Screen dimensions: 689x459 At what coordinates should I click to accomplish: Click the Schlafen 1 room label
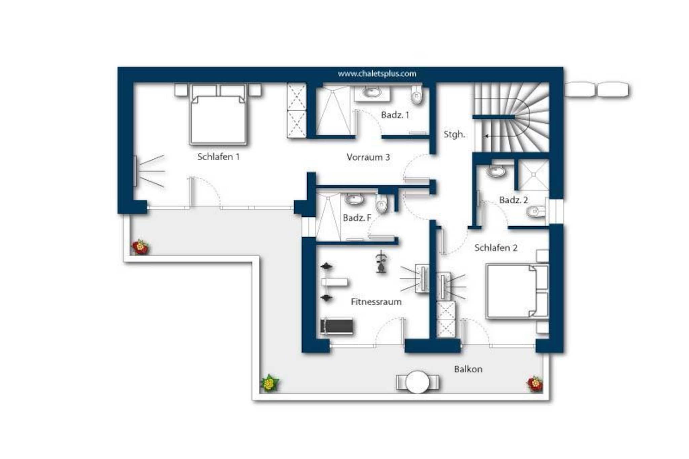(x=218, y=157)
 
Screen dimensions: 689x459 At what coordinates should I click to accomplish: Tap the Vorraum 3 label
(x=368, y=157)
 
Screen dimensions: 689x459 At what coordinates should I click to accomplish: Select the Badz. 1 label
(x=395, y=115)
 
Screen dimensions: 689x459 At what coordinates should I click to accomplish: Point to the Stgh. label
(x=454, y=135)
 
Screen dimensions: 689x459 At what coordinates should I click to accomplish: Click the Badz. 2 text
(x=513, y=200)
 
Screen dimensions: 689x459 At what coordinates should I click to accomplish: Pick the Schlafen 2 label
(x=496, y=248)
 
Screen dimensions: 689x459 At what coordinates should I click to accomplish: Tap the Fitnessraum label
(x=376, y=302)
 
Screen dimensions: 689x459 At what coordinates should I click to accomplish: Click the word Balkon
(x=468, y=369)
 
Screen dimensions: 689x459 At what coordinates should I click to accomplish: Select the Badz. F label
(x=357, y=218)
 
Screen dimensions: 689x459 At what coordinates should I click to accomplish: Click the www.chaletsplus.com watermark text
(x=377, y=74)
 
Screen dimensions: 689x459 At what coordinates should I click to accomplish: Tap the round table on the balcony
(x=418, y=382)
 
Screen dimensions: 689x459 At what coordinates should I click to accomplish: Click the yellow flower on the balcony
(x=269, y=383)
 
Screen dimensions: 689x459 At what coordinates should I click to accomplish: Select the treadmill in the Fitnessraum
(x=336, y=326)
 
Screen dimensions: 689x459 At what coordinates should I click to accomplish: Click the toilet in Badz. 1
(x=417, y=94)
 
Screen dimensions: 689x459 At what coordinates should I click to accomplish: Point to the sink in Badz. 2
(x=496, y=171)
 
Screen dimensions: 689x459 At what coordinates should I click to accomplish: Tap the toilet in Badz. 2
(x=536, y=212)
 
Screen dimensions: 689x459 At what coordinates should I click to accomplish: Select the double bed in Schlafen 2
(x=517, y=291)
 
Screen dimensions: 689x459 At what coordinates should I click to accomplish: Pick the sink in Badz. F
(x=355, y=199)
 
